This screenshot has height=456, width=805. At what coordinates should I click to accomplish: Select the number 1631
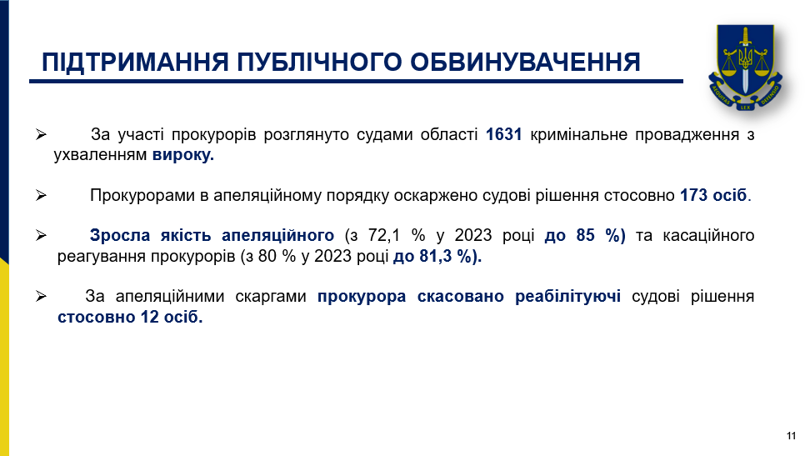tap(503, 134)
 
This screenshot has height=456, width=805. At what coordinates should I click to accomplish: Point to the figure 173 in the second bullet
tap(694, 195)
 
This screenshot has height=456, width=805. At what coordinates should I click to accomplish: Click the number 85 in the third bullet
tap(585, 235)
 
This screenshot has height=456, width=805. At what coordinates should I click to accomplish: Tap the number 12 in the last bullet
tap(149, 317)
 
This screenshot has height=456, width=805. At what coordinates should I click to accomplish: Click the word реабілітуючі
tap(567, 296)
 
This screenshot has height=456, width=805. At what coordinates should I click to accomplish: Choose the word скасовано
tap(461, 296)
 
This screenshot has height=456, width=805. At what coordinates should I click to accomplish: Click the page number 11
tap(791, 436)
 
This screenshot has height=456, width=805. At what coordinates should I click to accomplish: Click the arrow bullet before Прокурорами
tap(41, 195)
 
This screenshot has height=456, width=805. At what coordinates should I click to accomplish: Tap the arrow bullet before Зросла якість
tap(41, 235)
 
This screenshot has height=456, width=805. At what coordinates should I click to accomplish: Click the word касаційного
tap(708, 235)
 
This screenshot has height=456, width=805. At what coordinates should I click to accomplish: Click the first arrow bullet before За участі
tap(41, 134)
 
